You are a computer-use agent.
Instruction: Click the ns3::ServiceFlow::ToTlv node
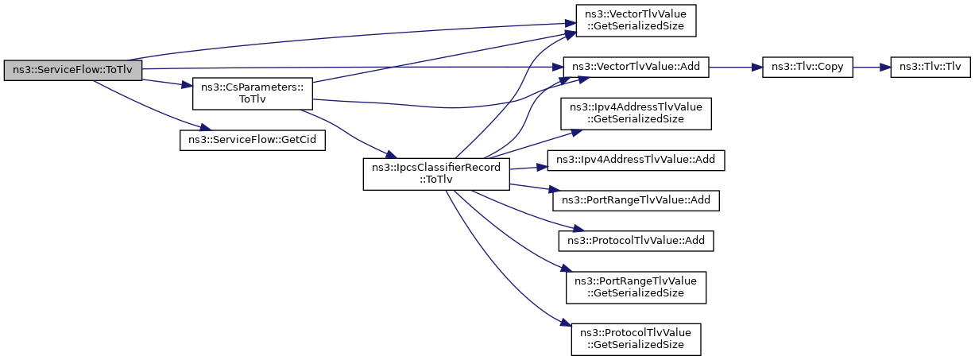72,71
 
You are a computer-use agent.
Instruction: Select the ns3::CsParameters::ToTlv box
253,94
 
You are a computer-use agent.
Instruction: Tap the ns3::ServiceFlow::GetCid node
253,140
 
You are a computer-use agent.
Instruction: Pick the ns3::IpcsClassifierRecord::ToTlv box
436,174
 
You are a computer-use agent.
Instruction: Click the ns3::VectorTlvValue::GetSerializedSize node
636,21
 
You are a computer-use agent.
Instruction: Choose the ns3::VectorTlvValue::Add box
636,68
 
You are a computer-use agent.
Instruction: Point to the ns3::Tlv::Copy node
807,68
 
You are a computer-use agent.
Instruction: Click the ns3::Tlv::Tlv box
931,68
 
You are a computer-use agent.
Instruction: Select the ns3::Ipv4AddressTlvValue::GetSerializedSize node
636,114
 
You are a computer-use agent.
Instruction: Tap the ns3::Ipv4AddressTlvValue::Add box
636,161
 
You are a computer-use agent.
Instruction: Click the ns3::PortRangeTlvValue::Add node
636,201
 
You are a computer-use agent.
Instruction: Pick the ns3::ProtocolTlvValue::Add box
636,241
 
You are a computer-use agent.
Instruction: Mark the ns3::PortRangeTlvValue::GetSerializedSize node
636,288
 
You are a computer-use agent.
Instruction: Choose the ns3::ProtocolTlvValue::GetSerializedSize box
636,339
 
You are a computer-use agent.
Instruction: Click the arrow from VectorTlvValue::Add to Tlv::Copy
736,68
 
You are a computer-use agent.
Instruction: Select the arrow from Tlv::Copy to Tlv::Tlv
872,68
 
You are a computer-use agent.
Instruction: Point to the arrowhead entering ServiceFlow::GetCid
206,127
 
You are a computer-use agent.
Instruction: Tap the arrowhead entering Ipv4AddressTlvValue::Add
541,167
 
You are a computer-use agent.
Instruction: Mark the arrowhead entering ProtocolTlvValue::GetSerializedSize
566,323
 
